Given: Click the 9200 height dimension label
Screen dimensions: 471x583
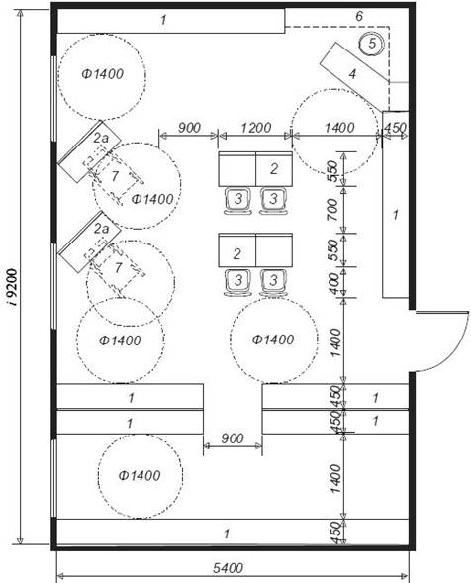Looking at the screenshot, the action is pyautogui.click(x=13, y=287).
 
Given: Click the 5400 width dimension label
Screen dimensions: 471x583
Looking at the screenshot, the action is pyautogui.click(x=229, y=568).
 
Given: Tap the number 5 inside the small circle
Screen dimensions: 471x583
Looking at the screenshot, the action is pyautogui.click(x=372, y=44).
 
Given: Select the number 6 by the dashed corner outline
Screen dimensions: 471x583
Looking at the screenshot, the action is pyautogui.click(x=359, y=17).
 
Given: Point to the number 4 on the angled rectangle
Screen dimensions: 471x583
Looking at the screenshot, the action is pyautogui.click(x=352, y=74).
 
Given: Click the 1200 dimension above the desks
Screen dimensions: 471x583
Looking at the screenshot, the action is pyautogui.click(x=255, y=128).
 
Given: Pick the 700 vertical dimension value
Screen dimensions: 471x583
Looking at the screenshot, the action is pyautogui.click(x=333, y=209).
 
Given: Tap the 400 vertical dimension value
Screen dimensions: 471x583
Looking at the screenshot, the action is pyautogui.click(x=334, y=284).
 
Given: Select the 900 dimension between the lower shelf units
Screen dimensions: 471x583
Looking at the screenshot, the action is pyautogui.click(x=233, y=438).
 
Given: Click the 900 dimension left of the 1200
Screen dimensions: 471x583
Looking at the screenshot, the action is pyautogui.click(x=189, y=128).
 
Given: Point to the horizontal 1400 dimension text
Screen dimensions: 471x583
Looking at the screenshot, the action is pyautogui.click(x=339, y=128).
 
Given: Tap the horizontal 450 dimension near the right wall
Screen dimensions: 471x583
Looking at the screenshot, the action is pyautogui.click(x=395, y=128).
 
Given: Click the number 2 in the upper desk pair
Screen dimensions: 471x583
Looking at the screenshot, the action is pyautogui.click(x=274, y=169).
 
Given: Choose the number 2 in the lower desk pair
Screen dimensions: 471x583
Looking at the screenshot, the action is pyautogui.click(x=236, y=254).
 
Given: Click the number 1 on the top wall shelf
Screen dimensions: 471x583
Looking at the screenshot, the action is pyautogui.click(x=163, y=20).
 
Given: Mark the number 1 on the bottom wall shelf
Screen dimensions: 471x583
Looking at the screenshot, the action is pyautogui.click(x=227, y=534).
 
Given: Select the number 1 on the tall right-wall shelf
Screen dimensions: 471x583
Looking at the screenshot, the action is pyautogui.click(x=396, y=215).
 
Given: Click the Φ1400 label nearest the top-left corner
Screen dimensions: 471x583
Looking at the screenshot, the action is pyautogui.click(x=102, y=74).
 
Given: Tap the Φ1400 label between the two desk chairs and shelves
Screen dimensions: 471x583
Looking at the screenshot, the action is pyautogui.click(x=273, y=340).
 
